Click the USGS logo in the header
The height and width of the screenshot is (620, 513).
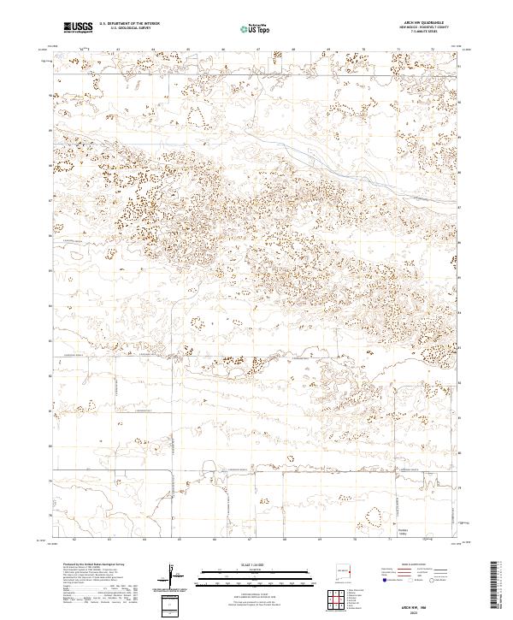[78, 28]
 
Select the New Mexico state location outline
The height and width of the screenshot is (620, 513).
[345, 568]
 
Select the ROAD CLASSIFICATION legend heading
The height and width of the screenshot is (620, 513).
[415, 565]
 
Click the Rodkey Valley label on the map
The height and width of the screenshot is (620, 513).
[404, 524]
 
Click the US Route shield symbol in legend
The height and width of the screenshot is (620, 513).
[410, 579]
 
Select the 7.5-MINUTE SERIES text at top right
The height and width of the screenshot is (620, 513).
[418, 32]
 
